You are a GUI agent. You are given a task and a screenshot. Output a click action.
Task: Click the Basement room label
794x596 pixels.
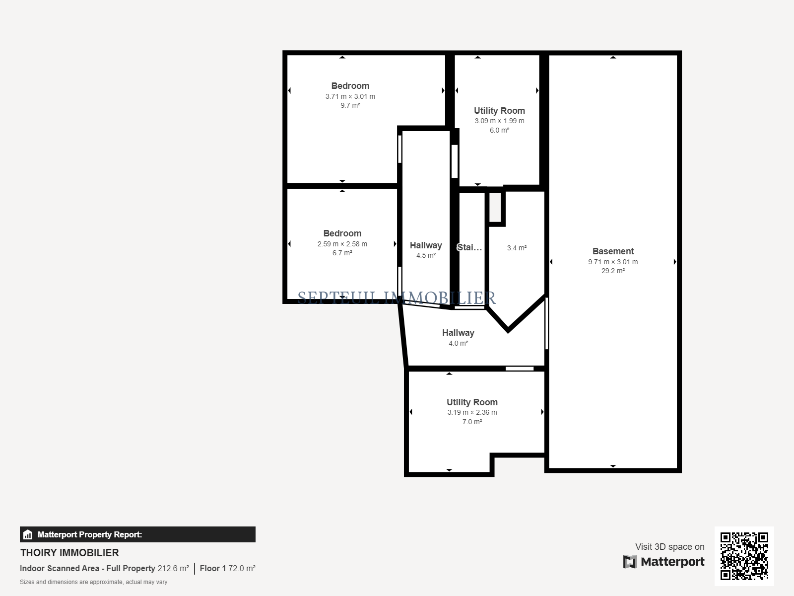(613, 251)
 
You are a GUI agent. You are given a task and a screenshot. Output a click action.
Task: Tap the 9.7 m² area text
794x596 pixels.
(350, 105)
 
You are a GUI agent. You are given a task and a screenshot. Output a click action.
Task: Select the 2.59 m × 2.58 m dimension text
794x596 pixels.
(342, 244)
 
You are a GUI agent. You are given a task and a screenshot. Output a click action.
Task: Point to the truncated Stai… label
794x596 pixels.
(469, 247)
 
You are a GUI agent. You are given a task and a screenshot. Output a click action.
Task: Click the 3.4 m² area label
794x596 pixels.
(517, 248)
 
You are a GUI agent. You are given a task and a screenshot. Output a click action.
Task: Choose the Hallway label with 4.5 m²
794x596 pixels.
(426, 245)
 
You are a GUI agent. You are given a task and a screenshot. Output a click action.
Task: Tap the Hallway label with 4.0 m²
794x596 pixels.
(458, 333)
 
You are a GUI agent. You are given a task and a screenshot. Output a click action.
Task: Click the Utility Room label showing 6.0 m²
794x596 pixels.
(499, 111)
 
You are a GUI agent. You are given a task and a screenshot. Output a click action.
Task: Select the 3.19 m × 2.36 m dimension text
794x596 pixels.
(472, 412)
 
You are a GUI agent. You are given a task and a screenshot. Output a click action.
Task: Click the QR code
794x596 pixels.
(744, 556)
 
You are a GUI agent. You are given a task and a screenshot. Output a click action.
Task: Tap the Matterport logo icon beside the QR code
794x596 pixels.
(630, 562)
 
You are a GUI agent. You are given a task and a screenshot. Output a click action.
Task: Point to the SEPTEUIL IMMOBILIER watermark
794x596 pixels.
(397, 298)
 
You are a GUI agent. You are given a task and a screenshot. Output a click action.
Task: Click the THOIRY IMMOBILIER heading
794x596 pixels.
(69, 553)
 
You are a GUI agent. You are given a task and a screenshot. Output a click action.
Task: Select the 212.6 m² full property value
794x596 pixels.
(173, 568)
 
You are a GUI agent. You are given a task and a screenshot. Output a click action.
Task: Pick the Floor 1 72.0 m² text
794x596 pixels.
(227, 568)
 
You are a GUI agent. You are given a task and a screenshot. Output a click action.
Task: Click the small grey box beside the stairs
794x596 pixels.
(495, 207)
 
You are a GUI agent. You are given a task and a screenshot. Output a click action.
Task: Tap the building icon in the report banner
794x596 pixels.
(28, 534)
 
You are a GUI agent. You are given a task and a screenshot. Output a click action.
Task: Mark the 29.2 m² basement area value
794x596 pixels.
(613, 271)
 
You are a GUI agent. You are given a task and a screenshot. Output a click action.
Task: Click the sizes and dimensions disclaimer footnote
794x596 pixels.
(93, 582)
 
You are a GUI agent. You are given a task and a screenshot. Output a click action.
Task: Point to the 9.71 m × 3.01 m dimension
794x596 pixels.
(613, 262)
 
